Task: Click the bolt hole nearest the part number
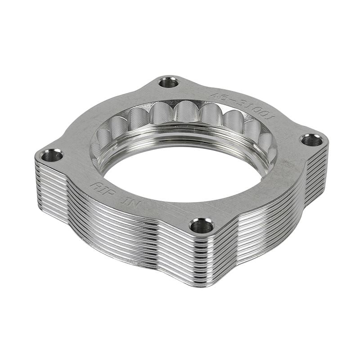pos(169,82)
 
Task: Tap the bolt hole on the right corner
pos(311,140)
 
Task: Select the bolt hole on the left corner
pos(51,156)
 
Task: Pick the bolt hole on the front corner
pos(201,225)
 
